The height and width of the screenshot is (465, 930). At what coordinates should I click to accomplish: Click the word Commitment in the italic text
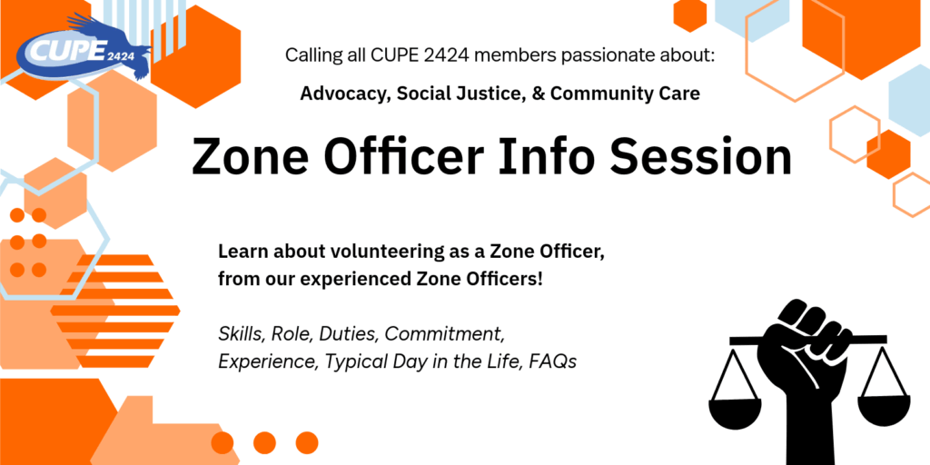tap(445, 334)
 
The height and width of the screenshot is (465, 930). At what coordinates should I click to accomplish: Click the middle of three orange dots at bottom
tap(264, 442)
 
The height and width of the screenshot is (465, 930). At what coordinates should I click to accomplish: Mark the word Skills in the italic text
tap(241, 334)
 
